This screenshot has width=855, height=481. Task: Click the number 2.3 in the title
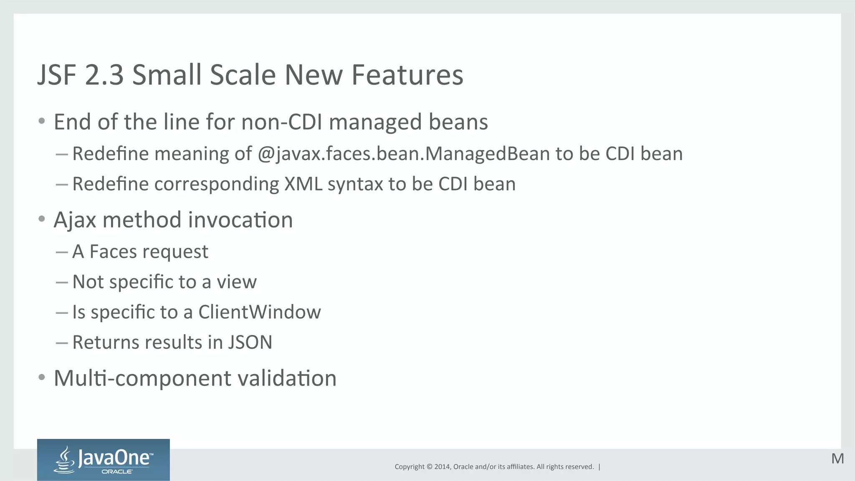point(104,75)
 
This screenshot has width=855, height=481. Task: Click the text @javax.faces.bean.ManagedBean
point(404,154)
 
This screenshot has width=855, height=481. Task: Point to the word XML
point(303,184)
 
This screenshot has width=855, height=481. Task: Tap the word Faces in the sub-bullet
point(113,252)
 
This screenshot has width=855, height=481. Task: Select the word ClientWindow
point(259,312)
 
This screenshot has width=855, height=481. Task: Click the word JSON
point(250,342)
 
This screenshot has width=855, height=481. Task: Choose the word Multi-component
point(142,378)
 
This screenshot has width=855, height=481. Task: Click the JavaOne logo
point(103,460)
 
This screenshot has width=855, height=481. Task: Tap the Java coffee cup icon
point(65,460)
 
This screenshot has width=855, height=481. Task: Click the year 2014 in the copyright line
point(442,467)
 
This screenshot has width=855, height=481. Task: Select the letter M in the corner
point(837,459)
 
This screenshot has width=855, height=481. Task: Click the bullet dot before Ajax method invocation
point(41,219)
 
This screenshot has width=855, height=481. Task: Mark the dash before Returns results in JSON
point(62,343)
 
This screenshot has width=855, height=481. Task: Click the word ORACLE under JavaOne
point(117,472)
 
